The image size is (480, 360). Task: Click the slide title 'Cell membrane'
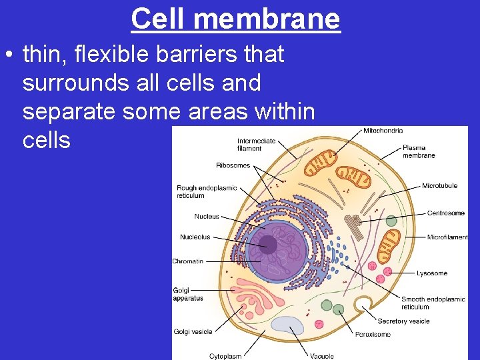click(x=235, y=19)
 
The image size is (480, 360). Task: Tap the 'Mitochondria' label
click(x=383, y=131)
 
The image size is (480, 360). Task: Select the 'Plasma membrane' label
click(x=419, y=151)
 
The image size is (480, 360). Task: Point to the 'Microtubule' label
click(x=439, y=185)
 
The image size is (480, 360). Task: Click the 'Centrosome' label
click(x=446, y=213)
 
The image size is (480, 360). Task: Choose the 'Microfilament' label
click(x=447, y=237)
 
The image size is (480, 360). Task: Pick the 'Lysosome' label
click(x=432, y=273)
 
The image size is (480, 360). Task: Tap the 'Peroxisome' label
click(x=373, y=334)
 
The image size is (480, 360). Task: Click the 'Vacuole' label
click(x=321, y=356)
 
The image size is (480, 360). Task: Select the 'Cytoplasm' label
click(x=225, y=356)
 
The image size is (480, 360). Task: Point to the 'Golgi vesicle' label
click(x=193, y=331)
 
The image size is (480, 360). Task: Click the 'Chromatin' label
click(x=188, y=261)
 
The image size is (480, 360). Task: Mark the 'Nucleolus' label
click(x=195, y=237)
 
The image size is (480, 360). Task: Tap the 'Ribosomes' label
click(x=233, y=165)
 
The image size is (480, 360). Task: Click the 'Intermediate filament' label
click(x=257, y=145)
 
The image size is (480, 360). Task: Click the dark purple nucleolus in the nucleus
click(x=269, y=245)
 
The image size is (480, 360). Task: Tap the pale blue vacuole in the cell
click(x=287, y=325)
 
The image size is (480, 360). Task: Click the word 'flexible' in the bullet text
click(x=109, y=54)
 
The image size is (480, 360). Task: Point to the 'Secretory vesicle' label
click(x=403, y=321)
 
